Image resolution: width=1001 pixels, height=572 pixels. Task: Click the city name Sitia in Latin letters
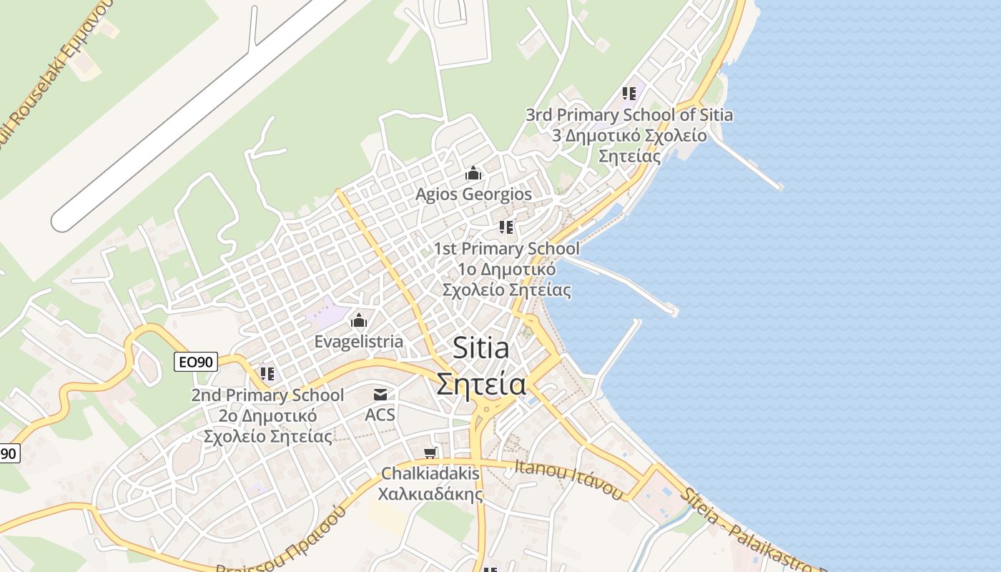(x=481, y=349)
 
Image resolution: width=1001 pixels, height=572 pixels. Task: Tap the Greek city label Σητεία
(x=481, y=385)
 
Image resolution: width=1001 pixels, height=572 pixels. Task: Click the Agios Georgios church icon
(x=473, y=174)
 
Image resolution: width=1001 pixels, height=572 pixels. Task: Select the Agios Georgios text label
(x=474, y=194)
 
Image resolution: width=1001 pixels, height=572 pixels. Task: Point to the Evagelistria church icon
(x=358, y=320)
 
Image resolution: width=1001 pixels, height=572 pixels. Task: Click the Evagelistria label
(x=359, y=342)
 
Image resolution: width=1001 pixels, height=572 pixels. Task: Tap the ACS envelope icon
(x=380, y=395)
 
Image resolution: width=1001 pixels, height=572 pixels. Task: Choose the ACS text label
(x=380, y=415)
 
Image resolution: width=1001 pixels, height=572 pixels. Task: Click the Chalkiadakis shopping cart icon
(x=430, y=453)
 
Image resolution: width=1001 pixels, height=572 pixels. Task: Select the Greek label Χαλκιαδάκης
(x=430, y=493)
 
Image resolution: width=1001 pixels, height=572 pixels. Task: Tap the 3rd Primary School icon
(x=629, y=94)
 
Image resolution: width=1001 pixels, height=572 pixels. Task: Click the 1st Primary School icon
(x=506, y=227)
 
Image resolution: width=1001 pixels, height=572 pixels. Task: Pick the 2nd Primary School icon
(x=267, y=373)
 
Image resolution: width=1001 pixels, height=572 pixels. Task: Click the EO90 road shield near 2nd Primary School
(x=196, y=363)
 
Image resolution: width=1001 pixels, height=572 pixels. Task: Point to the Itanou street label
(x=569, y=478)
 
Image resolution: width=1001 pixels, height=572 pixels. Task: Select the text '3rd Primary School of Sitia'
(x=629, y=114)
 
